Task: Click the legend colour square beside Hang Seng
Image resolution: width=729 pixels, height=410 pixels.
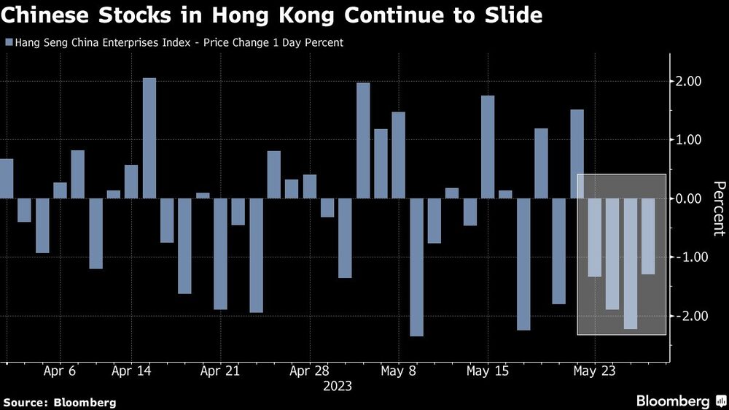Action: click(x=8, y=43)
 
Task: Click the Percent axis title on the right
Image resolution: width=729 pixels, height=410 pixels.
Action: click(x=718, y=208)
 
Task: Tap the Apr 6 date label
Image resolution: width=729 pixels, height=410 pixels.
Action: click(x=61, y=371)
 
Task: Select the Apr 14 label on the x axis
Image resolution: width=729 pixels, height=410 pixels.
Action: click(x=131, y=371)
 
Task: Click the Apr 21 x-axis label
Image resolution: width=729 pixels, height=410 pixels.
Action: click(x=220, y=371)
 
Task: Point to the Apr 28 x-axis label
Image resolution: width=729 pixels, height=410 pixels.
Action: click(x=310, y=371)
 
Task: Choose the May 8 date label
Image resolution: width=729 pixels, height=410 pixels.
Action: click(x=399, y=371)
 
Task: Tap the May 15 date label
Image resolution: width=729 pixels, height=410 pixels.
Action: click(x=488, y=371)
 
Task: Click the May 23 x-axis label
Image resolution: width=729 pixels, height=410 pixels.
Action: click(x=595, y=371)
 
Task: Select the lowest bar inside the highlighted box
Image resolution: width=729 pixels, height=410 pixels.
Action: click(x=631, y=263)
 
